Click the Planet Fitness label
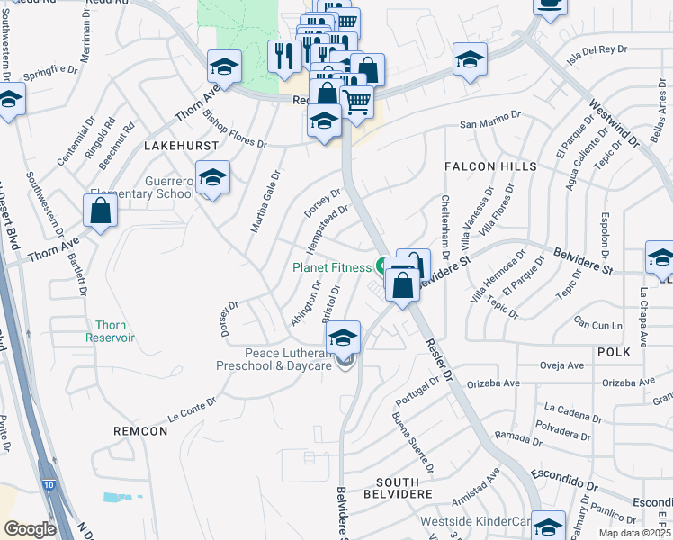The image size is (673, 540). tap(331, 267)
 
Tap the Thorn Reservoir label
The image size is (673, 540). tap(110, 331)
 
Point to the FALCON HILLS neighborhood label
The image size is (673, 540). tap(490, 167)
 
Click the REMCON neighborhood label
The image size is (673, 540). tap(140, 431)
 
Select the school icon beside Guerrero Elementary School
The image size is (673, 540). tap(212, 179)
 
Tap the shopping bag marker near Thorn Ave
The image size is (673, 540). tap(101, 212)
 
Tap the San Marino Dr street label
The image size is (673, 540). tap(490, 120)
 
